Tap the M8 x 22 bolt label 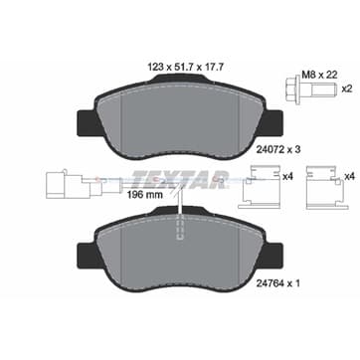click(x=319, y=75)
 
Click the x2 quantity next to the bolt click(x=347, y=89)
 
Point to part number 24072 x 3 click(x=278, y=149)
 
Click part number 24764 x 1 click(x=278, y=283)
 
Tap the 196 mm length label click(x=145, y=195)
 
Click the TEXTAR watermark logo click(x=180, y=179)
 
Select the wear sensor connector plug click(x=69, y=185)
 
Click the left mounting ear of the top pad click(x=87, y=122)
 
